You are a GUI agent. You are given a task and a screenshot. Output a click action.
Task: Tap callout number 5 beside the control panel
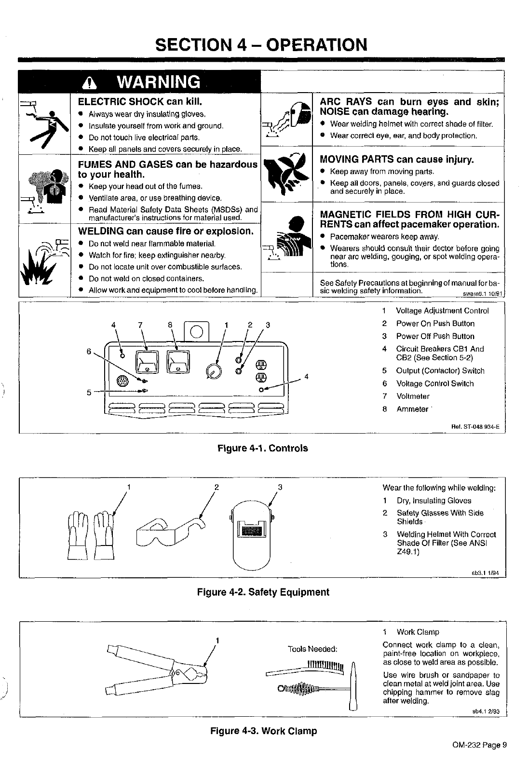point(89,392)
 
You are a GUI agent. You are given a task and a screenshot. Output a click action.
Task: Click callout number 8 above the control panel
point(170,325)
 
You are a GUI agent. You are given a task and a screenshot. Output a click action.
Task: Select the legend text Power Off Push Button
point(435,336)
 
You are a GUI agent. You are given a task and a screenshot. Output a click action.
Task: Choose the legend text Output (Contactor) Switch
point(440,371)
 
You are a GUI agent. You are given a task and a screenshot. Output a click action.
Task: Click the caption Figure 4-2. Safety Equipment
point(263,592)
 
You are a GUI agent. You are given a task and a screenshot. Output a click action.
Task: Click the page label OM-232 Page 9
point(479,744)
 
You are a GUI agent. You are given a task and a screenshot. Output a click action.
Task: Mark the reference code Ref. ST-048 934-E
point(476,426)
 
